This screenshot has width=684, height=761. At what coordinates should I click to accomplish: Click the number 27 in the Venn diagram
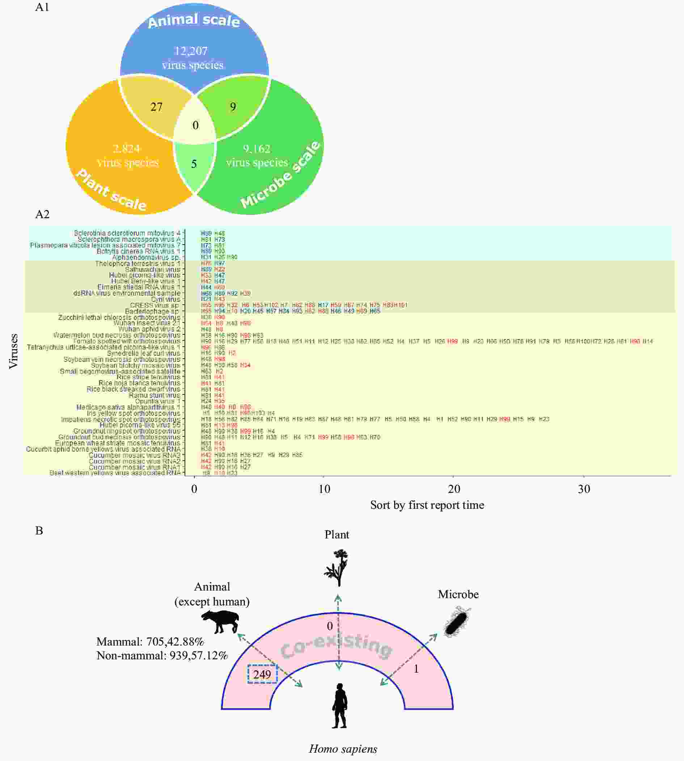156,107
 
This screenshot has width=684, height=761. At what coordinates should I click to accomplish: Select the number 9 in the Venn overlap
233,107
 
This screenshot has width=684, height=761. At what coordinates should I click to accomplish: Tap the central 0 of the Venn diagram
195,125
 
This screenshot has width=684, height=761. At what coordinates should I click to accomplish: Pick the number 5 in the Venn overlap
194,164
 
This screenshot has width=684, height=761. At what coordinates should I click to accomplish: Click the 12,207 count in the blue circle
191,51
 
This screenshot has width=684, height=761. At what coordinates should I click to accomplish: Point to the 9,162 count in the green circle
257,149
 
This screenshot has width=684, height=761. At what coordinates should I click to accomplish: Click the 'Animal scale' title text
194,21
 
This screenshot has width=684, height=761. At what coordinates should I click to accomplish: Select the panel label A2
42,214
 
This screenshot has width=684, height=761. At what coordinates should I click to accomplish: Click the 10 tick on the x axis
324,489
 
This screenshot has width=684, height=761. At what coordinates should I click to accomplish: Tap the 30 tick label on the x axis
584,489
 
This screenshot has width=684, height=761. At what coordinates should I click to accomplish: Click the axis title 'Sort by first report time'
427,505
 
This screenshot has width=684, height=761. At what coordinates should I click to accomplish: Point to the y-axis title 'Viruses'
13,351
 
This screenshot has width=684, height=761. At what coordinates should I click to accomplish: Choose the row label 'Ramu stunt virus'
155,395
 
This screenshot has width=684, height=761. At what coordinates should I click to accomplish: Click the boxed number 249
262,674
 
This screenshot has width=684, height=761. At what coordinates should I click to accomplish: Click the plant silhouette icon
337,567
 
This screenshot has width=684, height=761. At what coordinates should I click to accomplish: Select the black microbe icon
457,622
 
